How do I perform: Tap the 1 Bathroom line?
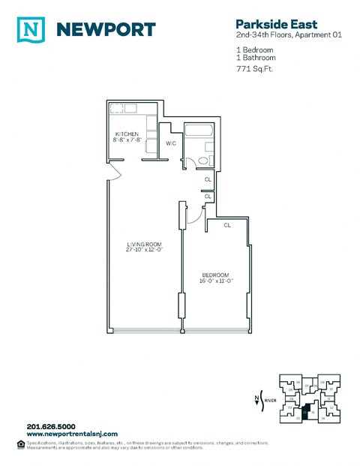(x=256, y=57)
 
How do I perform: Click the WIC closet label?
(x=170, y=143)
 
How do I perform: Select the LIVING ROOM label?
(x=144, y=245)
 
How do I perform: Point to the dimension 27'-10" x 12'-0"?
(x=144, y=251)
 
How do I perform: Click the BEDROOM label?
(x=214, y=275)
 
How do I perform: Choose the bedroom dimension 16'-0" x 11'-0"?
(x=214, y=281)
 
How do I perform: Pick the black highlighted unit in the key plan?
(x=306, y=410)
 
